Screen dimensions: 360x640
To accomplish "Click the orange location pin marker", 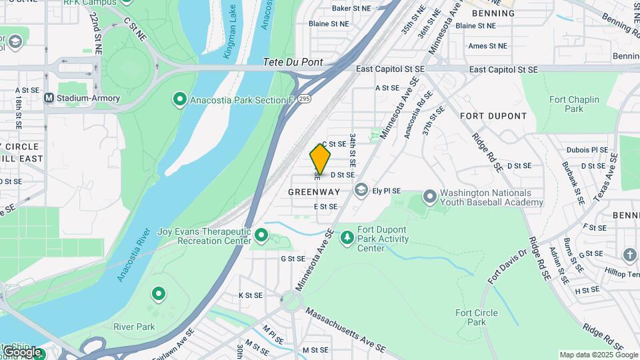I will point(320,159).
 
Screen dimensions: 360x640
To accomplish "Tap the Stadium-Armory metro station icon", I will point(49,99).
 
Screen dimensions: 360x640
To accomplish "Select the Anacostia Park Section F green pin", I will point(179,100).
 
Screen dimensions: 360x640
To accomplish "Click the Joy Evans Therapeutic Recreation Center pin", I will point(261,235).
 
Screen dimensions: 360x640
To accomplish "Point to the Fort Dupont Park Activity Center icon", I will point(347,237).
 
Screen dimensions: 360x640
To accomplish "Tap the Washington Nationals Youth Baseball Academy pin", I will point(430,197).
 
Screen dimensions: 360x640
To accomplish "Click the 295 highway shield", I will point(305,99).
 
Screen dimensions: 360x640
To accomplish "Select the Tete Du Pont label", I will point(293,62).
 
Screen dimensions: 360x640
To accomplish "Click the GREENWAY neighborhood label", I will point(314,192).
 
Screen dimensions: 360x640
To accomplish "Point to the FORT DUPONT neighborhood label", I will point(493,116).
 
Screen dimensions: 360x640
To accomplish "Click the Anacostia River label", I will point(133,256).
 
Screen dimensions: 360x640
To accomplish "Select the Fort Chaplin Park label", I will point(574,104).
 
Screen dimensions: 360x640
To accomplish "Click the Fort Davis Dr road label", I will point(507,267).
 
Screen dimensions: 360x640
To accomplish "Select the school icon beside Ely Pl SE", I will point(361,191).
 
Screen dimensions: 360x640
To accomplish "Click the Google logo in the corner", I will point(23,351).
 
